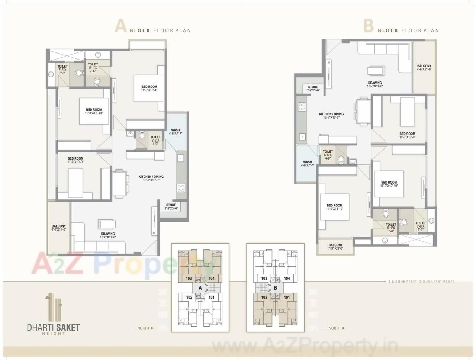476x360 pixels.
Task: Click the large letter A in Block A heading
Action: coord(120,26)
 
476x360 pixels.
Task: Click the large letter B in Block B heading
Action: coord(368,26)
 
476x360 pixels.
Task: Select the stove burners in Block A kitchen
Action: coord(181,188)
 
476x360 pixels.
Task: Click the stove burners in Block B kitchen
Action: coord(302,107)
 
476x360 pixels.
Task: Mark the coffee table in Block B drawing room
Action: coord(374,71)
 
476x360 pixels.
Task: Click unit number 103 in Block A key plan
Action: coord(189,278)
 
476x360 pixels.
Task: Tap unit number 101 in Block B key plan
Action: coord(287,297)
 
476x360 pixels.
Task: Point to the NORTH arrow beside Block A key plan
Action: coord(143,328)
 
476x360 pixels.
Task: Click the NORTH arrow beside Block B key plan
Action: coord(334,328)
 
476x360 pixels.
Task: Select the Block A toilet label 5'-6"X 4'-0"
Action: coord(155,139)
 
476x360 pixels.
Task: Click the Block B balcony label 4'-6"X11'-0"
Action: coord(424,67)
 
